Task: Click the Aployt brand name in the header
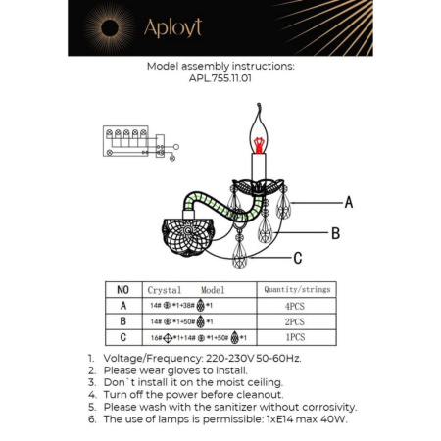coord(174,28)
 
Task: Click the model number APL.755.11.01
coord(220,80)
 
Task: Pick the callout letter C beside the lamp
coord(297,259)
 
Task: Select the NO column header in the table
coord(122,290)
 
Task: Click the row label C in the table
coord(122,336)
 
